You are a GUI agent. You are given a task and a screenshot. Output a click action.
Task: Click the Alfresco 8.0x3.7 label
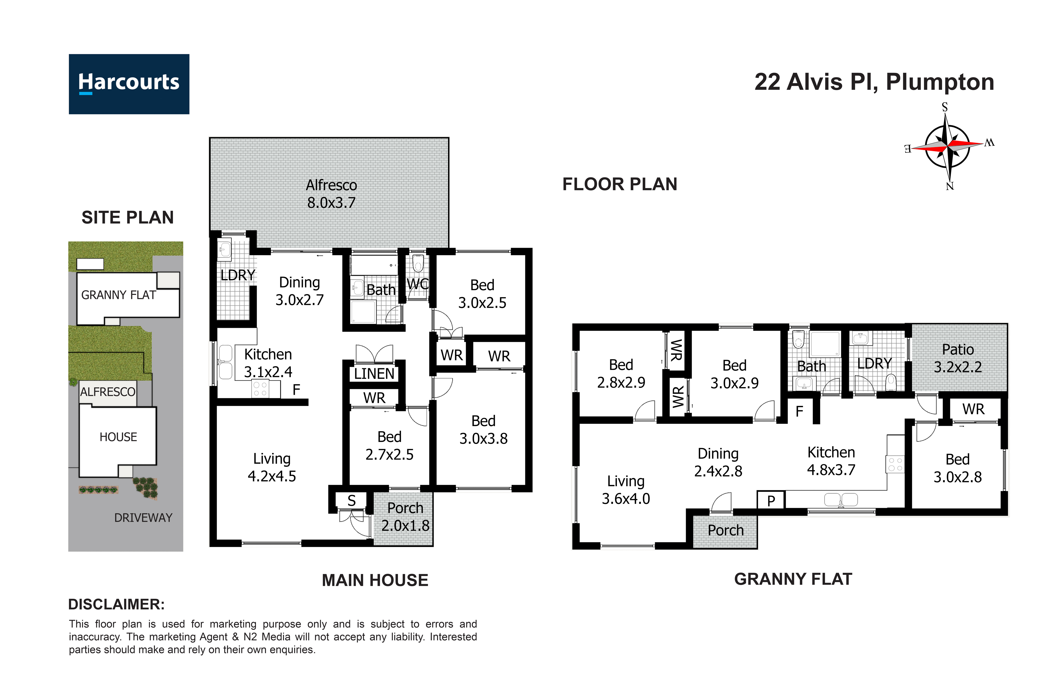(x=331, y=194)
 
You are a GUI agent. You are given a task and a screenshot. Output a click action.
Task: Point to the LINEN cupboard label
(x=374, y=374)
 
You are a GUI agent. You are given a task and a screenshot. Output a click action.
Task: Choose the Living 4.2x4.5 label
(x=272, y=467)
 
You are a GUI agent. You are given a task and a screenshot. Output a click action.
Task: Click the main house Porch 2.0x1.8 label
(x=405, y=517)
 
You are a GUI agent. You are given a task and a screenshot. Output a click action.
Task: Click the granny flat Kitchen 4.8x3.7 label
(x=831, y=461)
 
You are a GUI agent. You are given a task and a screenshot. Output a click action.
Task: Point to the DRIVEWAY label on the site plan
(x=143, y=518)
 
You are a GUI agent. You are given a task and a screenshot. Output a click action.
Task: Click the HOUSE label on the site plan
(x=118, y=437)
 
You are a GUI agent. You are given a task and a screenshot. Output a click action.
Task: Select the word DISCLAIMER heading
(x=116, y=604)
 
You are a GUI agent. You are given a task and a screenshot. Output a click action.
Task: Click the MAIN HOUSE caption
(x=375, y=580)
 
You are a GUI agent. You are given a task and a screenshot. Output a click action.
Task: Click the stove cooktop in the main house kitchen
(x=260, y=389)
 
